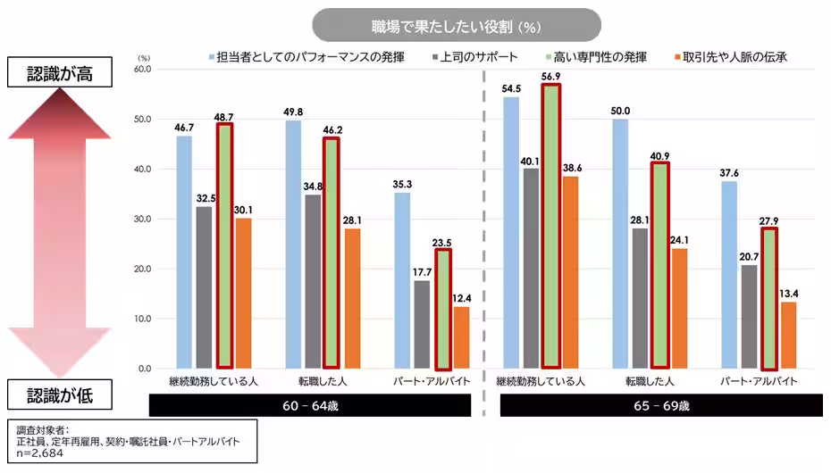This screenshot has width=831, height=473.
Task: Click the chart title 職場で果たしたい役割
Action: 457,25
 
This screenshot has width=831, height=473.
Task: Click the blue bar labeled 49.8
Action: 292,244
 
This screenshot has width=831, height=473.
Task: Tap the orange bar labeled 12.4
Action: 461,337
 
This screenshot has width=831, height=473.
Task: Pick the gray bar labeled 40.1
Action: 532,268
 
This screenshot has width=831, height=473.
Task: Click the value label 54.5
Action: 512,87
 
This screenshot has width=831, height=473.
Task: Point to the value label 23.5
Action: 441,241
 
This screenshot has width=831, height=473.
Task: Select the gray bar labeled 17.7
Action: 421,324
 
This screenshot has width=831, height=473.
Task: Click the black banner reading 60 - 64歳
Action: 309,405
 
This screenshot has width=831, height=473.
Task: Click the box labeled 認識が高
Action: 59,73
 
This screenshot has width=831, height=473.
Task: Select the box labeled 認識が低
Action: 59,393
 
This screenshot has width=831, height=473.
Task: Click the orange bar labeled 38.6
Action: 570,272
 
